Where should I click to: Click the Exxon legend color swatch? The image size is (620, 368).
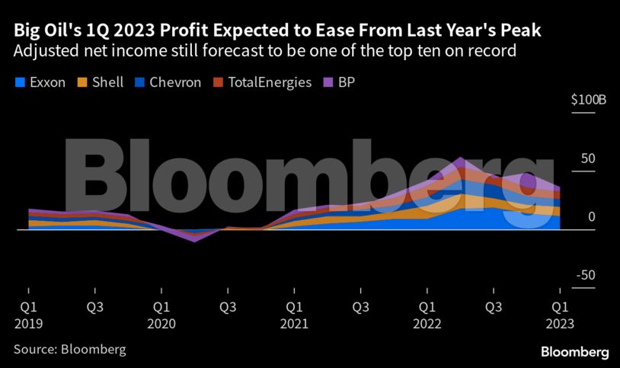pyautogui.click(x=19, y=82)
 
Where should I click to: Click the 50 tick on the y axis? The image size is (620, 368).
pyautogui.click(x=587, y=159)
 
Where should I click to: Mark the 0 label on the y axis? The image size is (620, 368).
pyautogui.click(x=591, y=218)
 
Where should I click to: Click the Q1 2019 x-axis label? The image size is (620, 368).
pyautogui.click(x=28, y=315)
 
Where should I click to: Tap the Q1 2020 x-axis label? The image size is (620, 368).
pyautogui.click(x=161, y=315)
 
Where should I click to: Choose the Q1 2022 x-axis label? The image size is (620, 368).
pyautogui.click(x=427, y=315)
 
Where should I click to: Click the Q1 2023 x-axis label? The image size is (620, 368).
pyautogui.click(x=560, y=315)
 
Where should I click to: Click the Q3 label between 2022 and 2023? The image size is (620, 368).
pyautogui.click(x=494, y=308)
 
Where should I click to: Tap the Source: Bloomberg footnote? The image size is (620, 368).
pyautogui.click(x=69, y=350)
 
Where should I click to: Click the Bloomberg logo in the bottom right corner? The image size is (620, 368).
pyautogui.click(x=574, y=353)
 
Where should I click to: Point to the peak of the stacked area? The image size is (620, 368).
pyautogui.click(x=460, y=158)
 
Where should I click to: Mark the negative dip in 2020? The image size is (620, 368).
pyautogui.click(x=194, y=240)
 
